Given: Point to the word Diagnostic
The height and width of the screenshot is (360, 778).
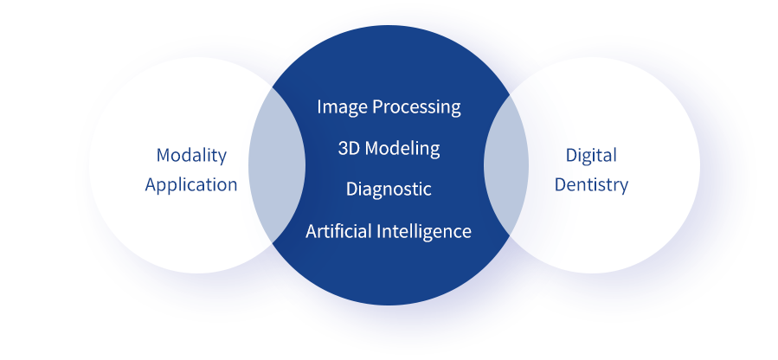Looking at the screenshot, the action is [389, 189].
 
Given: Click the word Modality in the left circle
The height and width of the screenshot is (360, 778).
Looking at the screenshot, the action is [191, 156].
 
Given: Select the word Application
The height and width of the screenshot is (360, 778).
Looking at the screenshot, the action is [191, 185].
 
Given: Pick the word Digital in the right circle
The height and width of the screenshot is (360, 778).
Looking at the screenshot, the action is [591, 156].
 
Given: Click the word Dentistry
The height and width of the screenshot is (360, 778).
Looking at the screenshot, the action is [591, 185].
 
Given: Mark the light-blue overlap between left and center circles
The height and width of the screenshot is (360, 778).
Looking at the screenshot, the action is [276, 165].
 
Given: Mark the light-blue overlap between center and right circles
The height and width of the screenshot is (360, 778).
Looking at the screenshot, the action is [506, 165].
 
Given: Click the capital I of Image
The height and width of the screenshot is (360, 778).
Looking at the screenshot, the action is [319, 106].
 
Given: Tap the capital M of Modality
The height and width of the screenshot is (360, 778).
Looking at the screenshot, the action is [164, 156].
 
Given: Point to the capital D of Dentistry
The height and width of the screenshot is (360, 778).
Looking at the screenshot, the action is [560, 185].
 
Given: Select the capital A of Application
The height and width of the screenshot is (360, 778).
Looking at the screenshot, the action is [151, 185].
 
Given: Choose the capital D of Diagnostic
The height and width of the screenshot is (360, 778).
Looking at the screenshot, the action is [352, 189].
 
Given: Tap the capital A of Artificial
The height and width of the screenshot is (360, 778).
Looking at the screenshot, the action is [312, 231].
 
